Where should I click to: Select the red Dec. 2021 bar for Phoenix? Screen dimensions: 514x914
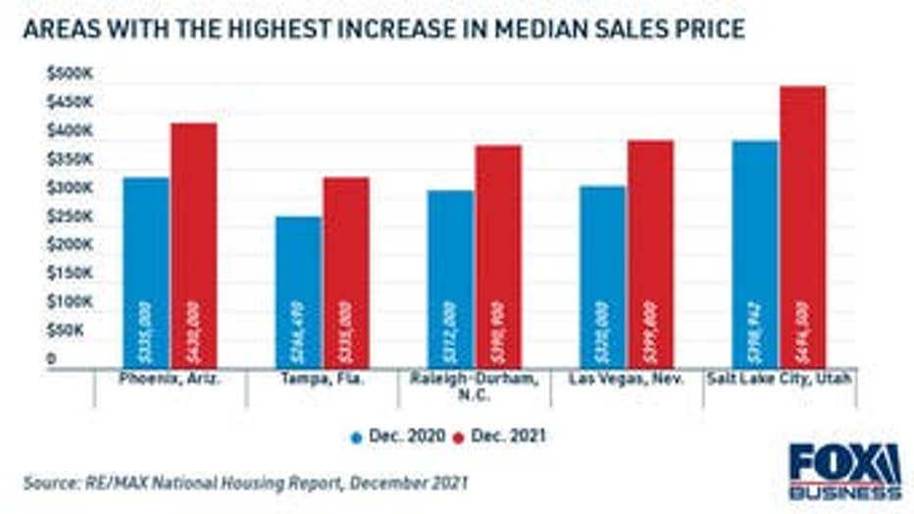pos(193,245)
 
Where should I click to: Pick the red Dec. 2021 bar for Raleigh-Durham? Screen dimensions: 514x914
pos(498,256)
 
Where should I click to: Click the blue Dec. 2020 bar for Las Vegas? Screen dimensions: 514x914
pos(602,276)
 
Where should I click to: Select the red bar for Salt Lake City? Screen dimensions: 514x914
pos(802,227)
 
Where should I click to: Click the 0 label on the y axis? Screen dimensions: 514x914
pos(51,359)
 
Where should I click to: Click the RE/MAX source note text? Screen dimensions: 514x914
pos(245,482)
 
